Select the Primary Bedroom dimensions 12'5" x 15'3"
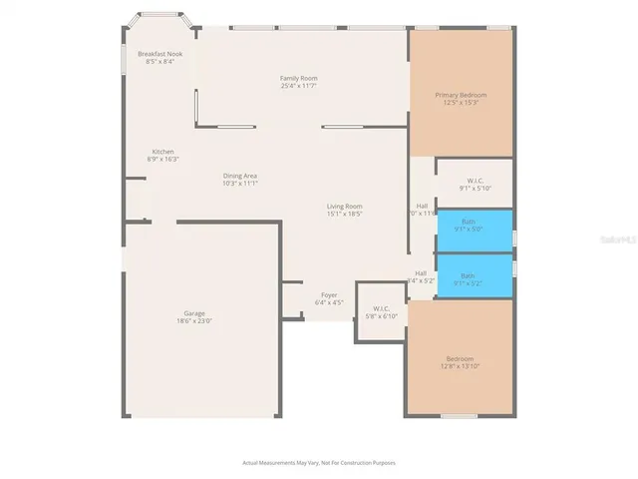pyautogui.click(x=461, y=102)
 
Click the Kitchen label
pyautogui.click(x=162, y=152)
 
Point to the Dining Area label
pyautogui.click(x=240, y=176)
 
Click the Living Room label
pyautogui.click(x=345, y=207)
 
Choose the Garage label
pyautogui.click(x=194, y=313)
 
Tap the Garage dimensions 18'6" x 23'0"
pyautogui.click(x=194, y=321)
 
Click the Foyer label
pyautogui.click(x=329, y=294)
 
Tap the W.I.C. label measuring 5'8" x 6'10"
pyautogui.click(x=380, y=308)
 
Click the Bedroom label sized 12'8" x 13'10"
pyautogui.click(x=461, y=358)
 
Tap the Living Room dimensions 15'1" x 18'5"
pyautogui.click(x=345, y=214)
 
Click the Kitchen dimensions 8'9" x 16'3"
pyautogui.click(x=162, y=160)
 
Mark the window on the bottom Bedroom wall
pyautogui.click(x=460, y=416)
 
